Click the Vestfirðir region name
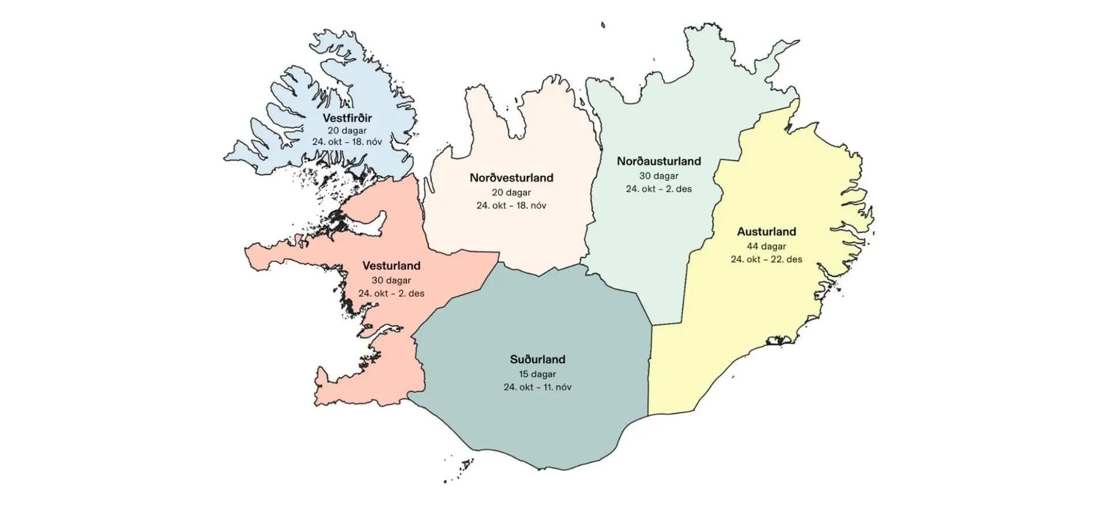pos(347,118)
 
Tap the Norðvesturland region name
pos(511,178)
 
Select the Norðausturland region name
pos(658,161)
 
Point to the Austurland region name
pos(766,232)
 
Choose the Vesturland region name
pos(391,266)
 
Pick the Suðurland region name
pos(537,359)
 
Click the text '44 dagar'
pos(766,246)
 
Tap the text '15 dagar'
pos(537,374)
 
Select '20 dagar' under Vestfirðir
pos(347,131)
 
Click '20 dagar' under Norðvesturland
pos(511,192)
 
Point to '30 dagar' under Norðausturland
pos(658,176)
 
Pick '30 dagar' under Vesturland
pos(391,281)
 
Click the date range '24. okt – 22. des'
pos(766,259)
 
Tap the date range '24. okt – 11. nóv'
pos(537,387)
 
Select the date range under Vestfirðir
pos(347,142)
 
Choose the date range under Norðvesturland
pos(511,206)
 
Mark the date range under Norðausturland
pos(658,189)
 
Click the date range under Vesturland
pos(391,293)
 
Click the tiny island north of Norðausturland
pos(602,25)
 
